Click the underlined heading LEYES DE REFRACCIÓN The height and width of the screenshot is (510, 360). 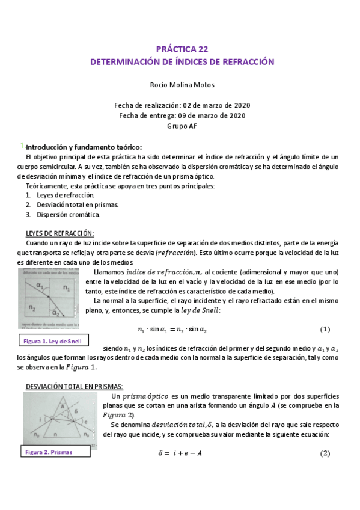tap(59, 233)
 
